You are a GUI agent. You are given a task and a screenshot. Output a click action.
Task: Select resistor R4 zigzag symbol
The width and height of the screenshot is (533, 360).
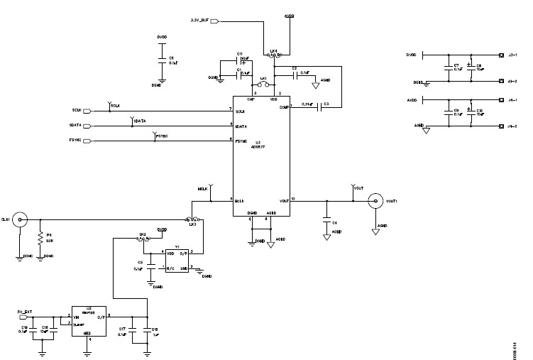[x=40, y=236]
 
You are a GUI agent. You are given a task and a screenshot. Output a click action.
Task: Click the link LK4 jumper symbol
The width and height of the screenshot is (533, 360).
[x=276, y=51]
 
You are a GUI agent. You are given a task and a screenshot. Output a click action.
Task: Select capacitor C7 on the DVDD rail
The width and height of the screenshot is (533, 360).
[x=449, y=68]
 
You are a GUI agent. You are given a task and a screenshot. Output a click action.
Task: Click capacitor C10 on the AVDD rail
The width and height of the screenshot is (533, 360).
[x=469, y=113]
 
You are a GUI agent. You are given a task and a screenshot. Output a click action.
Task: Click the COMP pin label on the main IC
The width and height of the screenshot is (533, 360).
[x=284, y=107]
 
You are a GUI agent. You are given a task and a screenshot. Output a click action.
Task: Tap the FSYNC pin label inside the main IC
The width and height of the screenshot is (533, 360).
[x=241, y=141]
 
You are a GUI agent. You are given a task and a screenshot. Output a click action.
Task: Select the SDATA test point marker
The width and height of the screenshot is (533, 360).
[x=133, y=121]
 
